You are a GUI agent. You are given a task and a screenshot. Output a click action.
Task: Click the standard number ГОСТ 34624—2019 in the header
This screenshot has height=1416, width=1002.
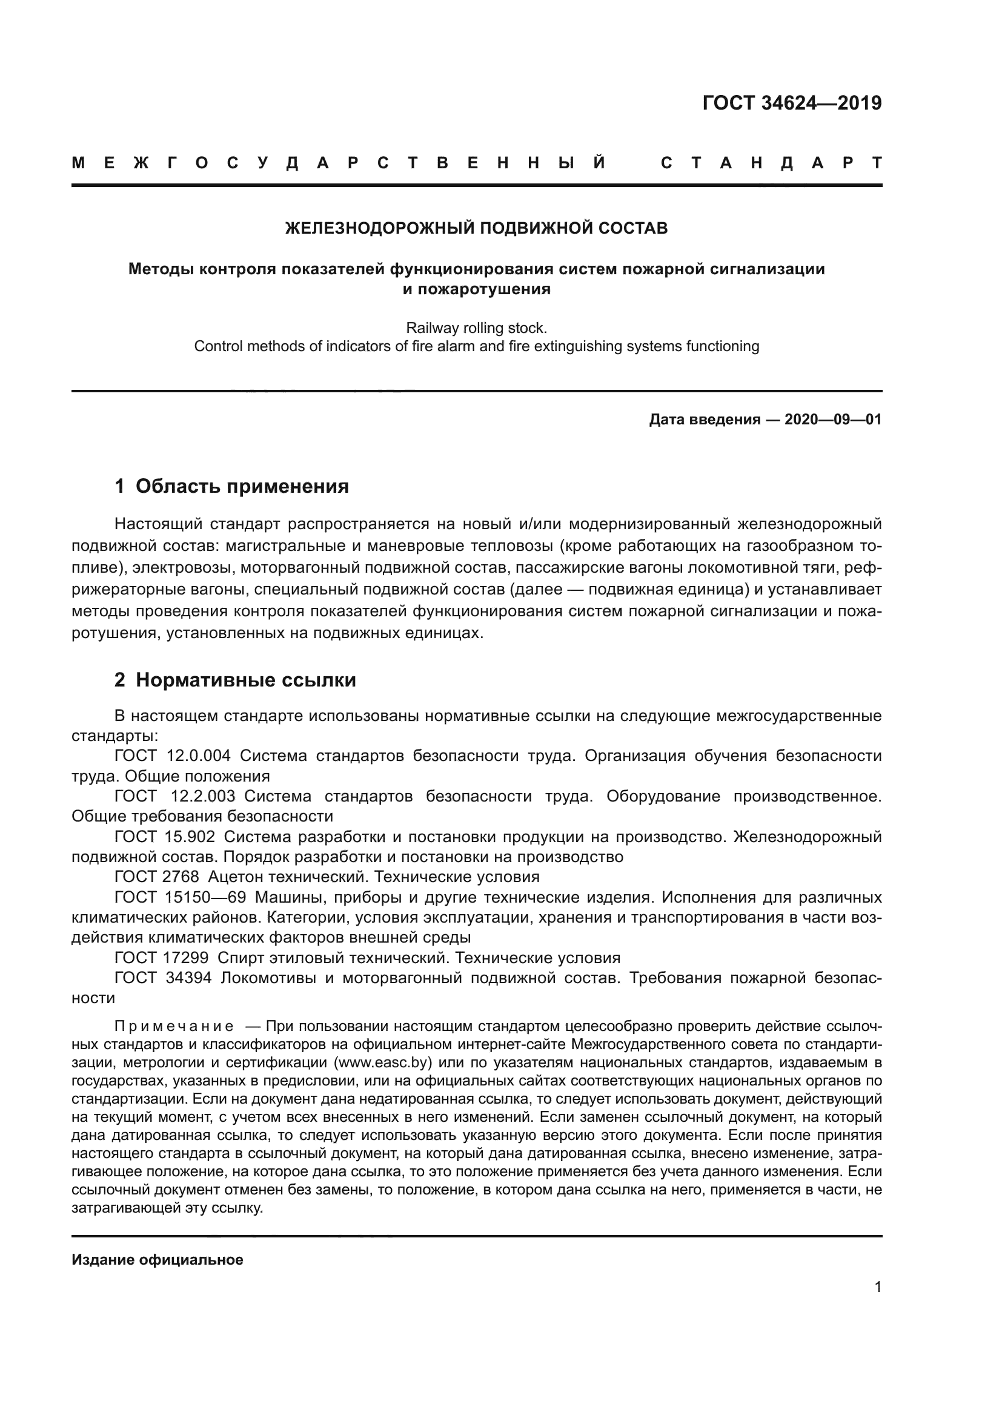point(792,103)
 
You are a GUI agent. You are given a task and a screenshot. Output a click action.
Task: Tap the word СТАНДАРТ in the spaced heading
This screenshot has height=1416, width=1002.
point(771,163)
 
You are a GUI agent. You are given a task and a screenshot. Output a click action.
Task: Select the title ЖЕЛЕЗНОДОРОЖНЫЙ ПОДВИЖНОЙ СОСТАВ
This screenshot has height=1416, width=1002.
point(476,228)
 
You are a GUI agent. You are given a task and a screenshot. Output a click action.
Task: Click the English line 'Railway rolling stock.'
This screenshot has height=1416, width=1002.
point(476,328)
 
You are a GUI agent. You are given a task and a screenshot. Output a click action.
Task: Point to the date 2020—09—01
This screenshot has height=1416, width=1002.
point(833,420)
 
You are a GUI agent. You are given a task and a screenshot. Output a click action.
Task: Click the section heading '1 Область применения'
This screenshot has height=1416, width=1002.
point(232,486)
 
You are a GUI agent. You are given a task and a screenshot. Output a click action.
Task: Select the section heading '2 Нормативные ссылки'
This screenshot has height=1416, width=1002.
point(235,680)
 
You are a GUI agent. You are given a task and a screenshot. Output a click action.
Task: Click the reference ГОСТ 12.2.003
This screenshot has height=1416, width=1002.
point(174,796)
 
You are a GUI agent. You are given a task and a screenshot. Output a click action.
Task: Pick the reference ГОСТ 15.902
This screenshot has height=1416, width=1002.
point(165,837)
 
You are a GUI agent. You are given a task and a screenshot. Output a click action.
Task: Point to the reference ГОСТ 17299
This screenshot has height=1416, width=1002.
point(161,958)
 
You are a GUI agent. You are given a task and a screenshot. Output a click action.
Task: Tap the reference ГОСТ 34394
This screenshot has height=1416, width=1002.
point(163,978)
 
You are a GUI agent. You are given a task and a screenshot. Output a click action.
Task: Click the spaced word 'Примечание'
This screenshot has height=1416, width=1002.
point(174,1026)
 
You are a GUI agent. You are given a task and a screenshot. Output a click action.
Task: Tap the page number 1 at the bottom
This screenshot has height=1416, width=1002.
point(877,1286)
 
